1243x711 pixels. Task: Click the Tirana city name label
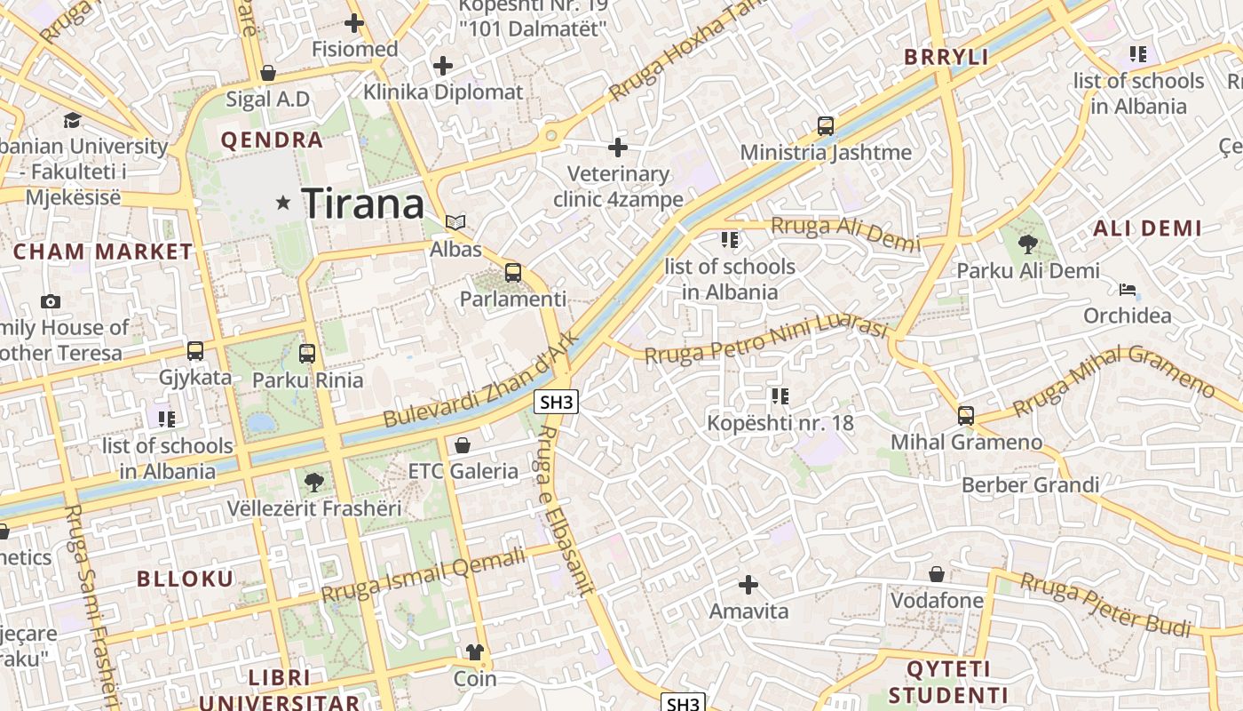pyautogui.click(x=364, y=204)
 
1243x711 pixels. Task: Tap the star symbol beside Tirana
pyautogui.click(x=283, y=204)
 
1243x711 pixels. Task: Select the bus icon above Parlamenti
pyautogui.click(x=513, y=273)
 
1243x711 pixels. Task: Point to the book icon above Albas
pyautogui.click(x=455, y=222)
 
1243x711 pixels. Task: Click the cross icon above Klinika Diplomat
pyautogui.click(x=442, y=65)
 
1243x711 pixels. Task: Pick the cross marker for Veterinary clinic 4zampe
pyautogui.click(x=618, y=147)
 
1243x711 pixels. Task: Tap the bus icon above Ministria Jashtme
pyautogui.click(x=826, y=126)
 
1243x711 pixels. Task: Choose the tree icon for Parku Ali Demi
pyautogui.click(x=1028, y=244)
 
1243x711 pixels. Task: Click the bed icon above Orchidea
pyautogui.click(x=1128, y=290)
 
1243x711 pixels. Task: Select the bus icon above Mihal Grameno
pyautogui.click(x=966, y=415)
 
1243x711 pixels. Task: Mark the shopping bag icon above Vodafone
pyautogui.click(x=937, y=574)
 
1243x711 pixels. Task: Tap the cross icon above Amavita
pyautogui.click(x=748, y=585)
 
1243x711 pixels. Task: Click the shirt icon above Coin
pyautogui.click(x=475, y=652)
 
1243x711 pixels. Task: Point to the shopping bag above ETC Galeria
pyautogui.click(x=462, y=444)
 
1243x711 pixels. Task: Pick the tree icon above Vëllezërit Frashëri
pyautogui.click(x=313, y=483)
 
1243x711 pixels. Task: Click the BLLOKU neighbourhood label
pyautogui.click(x=185, y=579)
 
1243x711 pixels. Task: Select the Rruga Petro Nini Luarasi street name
pyautogui.click(x=765, y=342)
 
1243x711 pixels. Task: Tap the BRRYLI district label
pyautogui.click(x=946, y=58)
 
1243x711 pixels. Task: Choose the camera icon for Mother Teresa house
pyautogui.click(x=51, y=301)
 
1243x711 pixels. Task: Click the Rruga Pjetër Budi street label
pyautogui.click(x=1105, y=604)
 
